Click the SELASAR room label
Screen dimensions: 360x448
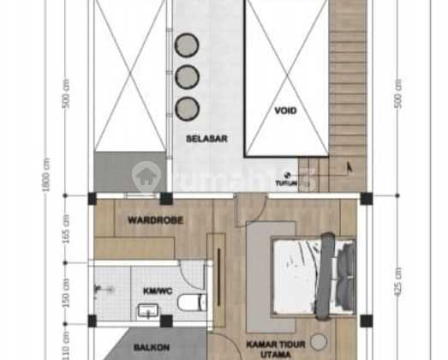pyautogui.click(x=206, y=137)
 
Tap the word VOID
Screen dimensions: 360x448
pyautogui.click(x=285, y=111)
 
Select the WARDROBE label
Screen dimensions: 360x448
pyautogui.click(x=152, y=219)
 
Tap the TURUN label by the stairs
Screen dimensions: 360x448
pyautogui.click(x=285, y=183)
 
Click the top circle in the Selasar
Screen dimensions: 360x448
pyautogui.click(x=187, y=45)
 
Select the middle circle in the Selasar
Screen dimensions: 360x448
pyautogui.click(x=187, y=76)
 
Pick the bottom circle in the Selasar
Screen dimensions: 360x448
pyautogui.click(x=187, y=107)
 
